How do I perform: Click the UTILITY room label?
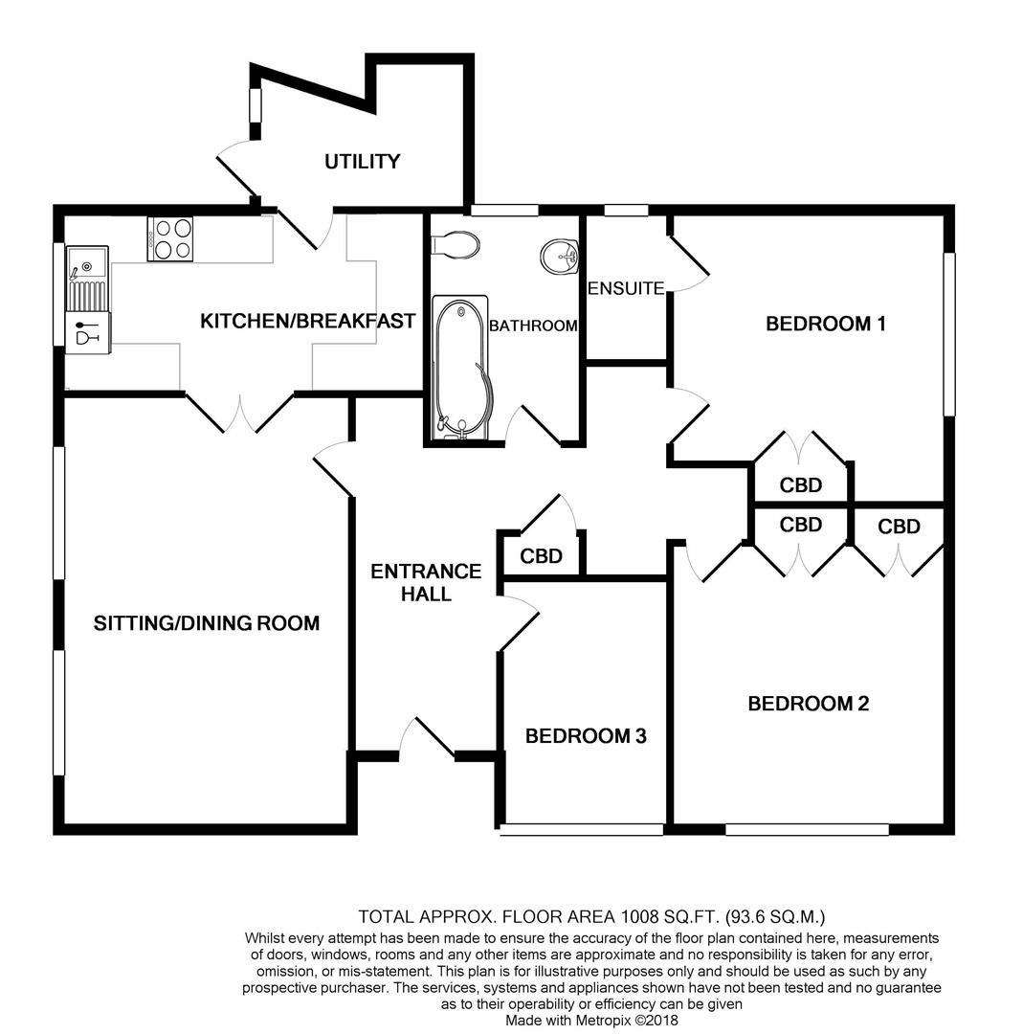tap(363, 162)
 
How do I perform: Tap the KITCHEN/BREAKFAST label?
tap(308, 321)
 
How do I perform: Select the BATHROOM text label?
tap(533, 326)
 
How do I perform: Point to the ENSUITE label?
tap(626, 288)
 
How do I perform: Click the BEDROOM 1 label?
tap(825, 324)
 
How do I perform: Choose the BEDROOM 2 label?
tap(808, 704)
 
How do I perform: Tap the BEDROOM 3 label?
tap(586, 736)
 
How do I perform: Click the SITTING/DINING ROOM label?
tap(207, 623)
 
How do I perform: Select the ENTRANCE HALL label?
tap(426, 582)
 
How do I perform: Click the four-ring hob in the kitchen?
tap(170, 239)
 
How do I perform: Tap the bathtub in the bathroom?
tap(460, 368)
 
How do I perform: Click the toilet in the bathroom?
tap(456, 245)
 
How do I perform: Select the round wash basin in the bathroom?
tap(560, 257)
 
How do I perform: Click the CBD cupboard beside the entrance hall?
tap(541, 556)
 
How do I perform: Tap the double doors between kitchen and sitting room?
tap(240, 414)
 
